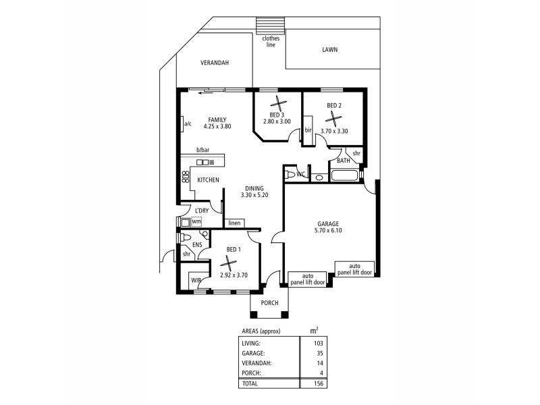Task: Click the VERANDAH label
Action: [x=215, y=63]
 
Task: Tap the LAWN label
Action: [x=329, y=49]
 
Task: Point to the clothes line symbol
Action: [x=271, y=25]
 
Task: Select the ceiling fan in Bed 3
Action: [x=278, y=103]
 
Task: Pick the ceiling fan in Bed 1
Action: [x=228, y=263]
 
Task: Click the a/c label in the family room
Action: [x=188, y=124]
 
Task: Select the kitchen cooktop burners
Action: [x=186, y=177]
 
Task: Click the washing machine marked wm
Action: [x=196, y=222]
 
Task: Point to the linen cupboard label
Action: [x=234, y=223]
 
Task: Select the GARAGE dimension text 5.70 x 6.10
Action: [x=328, y=230]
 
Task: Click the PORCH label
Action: [x=269, y=302]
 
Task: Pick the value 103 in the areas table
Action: [x=318, y=343]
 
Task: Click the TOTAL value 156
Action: [x=318, y=383]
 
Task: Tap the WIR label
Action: [x=196, y=280]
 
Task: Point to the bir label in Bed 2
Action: [x=308, y=130]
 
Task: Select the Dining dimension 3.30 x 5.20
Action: [x=254, y=195]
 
